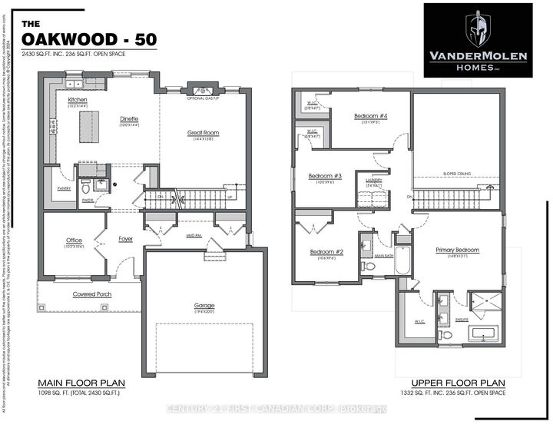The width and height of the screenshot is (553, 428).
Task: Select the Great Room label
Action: [x=204, y=132]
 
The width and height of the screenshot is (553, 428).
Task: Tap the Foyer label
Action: [x=126, y=238]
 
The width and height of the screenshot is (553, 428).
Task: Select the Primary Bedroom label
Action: [x=457, y=250]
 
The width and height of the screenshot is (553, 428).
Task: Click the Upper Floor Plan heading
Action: [x=458, y=382]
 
